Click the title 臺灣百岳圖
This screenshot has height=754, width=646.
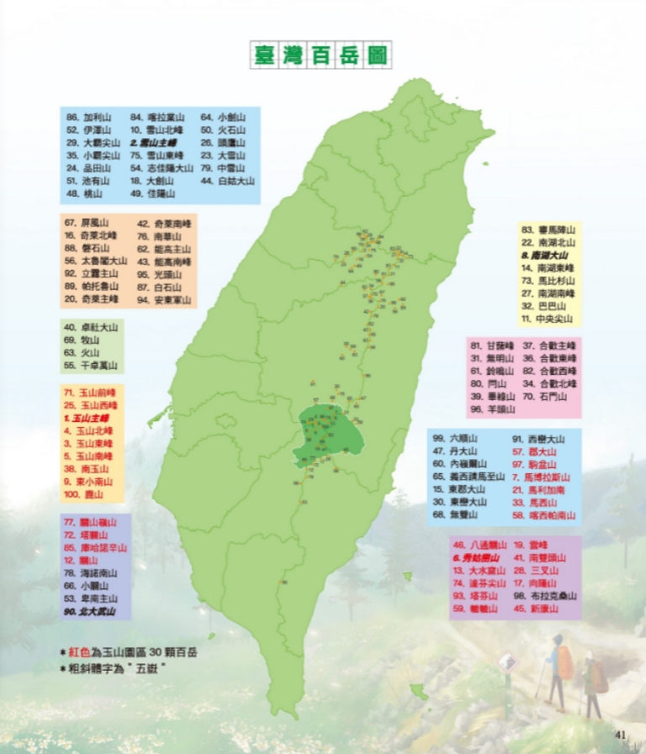tap(321, 55)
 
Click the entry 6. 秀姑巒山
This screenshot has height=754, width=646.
tap(476, 557)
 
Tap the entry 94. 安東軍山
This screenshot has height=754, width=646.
tap(163, 298)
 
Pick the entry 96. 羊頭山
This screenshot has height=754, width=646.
tap(492, 409)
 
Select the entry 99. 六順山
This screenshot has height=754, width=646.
tap(455, 438)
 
